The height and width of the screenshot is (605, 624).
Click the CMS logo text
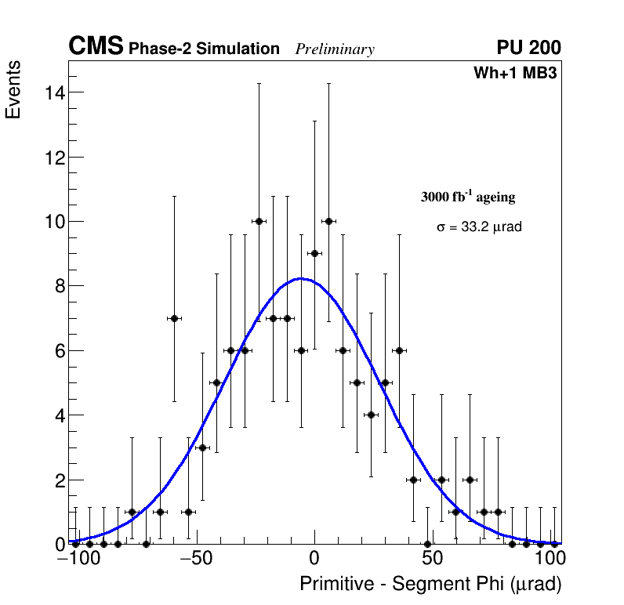96,47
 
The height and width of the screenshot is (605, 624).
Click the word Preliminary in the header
335,50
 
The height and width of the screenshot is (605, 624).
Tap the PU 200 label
528,48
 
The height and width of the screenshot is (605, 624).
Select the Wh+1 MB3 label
515,74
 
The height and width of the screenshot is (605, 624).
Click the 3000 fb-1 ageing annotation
468,197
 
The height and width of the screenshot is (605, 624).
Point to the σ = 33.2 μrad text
479,227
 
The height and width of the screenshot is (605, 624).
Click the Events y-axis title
13,89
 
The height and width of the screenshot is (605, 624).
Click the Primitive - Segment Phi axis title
430,584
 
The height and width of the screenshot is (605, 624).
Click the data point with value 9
314,253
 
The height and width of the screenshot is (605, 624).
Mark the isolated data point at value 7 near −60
174,318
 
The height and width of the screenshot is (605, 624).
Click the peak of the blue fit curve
300,278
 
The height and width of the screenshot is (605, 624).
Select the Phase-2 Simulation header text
204,49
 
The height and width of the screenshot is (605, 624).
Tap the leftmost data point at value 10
259,221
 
